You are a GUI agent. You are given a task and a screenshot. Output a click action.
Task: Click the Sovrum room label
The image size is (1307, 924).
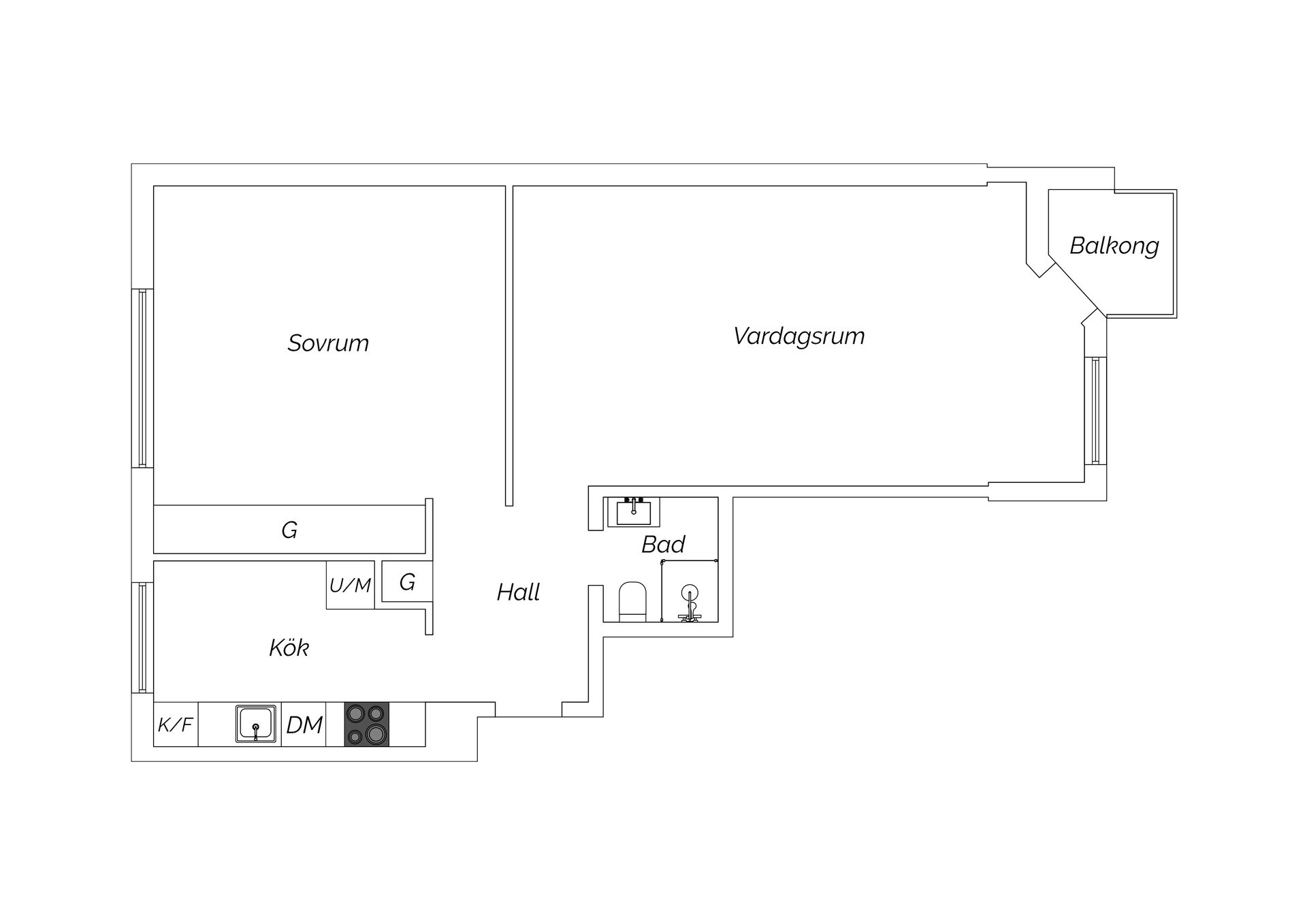tap(328, 342)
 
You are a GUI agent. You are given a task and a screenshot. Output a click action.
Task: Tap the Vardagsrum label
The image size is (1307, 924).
tap(799, 336)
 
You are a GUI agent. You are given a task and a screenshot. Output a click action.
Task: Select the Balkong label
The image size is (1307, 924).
tap(1114, 245)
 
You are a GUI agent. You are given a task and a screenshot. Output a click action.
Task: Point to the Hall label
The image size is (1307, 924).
tap(518, 592)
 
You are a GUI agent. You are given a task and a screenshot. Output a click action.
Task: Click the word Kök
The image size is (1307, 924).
tap(289, 647)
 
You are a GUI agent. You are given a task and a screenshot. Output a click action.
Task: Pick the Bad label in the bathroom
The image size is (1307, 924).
tap(663, 544)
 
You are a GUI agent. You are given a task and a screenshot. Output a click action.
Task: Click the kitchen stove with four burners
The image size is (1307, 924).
tap(366, 724)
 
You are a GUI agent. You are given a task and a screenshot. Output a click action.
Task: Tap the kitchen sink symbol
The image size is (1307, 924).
tap(256, 724)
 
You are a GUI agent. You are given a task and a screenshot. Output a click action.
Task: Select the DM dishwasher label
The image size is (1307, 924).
tap(304, 724)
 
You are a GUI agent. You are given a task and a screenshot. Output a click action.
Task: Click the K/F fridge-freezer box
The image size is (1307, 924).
tap(176, 724)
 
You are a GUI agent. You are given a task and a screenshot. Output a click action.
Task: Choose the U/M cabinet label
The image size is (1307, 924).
tap(350, 585)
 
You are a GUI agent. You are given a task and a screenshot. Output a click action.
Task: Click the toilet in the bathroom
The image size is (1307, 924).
tap(632, 602)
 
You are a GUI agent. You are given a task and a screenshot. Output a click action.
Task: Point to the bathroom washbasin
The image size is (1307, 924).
tap(634, 511)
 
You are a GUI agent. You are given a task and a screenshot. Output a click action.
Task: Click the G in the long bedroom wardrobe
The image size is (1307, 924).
tap(289, 530)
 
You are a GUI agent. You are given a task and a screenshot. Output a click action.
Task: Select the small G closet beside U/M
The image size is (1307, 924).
tap(407, 582)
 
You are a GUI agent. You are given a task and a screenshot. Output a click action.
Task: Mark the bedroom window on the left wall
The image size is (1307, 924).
tap(142, 378)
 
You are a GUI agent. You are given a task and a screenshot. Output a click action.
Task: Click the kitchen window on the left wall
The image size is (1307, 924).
tap(142, 638)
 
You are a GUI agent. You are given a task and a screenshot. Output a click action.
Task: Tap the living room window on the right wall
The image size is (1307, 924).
tap(1095, 411)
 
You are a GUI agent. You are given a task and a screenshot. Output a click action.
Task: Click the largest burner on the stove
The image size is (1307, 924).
tap(374, 734)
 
